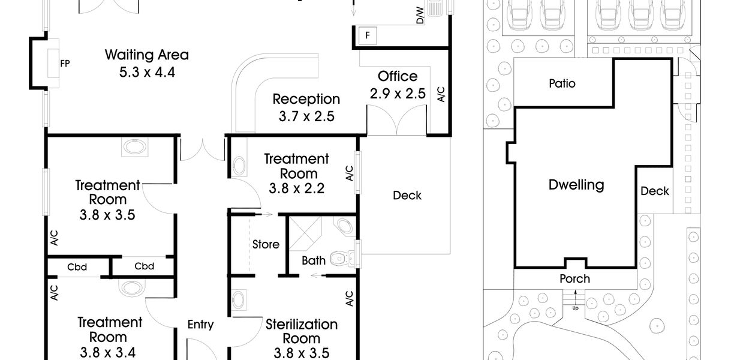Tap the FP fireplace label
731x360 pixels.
[x=65, y=64]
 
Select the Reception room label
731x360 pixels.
[x=306, y=99]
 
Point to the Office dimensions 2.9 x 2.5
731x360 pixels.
[x=398, y=94]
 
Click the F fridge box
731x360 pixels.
[x=368, y=35]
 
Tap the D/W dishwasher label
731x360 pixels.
[x=420, y=16]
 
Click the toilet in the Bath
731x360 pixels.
[x=342, y=259]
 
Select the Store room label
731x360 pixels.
[x=266, y=244]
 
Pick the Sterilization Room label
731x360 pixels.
[x=301, y=331]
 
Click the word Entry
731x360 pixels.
[x=200, y=325]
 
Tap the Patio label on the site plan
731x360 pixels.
[x=562, y=83]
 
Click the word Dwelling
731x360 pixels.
[x=576, y=185]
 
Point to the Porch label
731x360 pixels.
[x=574, y=279]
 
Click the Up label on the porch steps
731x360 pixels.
[x=575, y=308]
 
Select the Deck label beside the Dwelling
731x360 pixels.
[x=655, y=191]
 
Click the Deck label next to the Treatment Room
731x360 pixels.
[x=407, y=196]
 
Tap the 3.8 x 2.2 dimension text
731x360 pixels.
[x=296, y=188]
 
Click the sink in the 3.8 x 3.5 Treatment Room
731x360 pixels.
[x=134, y=147]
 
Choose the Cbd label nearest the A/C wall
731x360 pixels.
[x=77, y=268]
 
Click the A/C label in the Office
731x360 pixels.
[x=441, y=94]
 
